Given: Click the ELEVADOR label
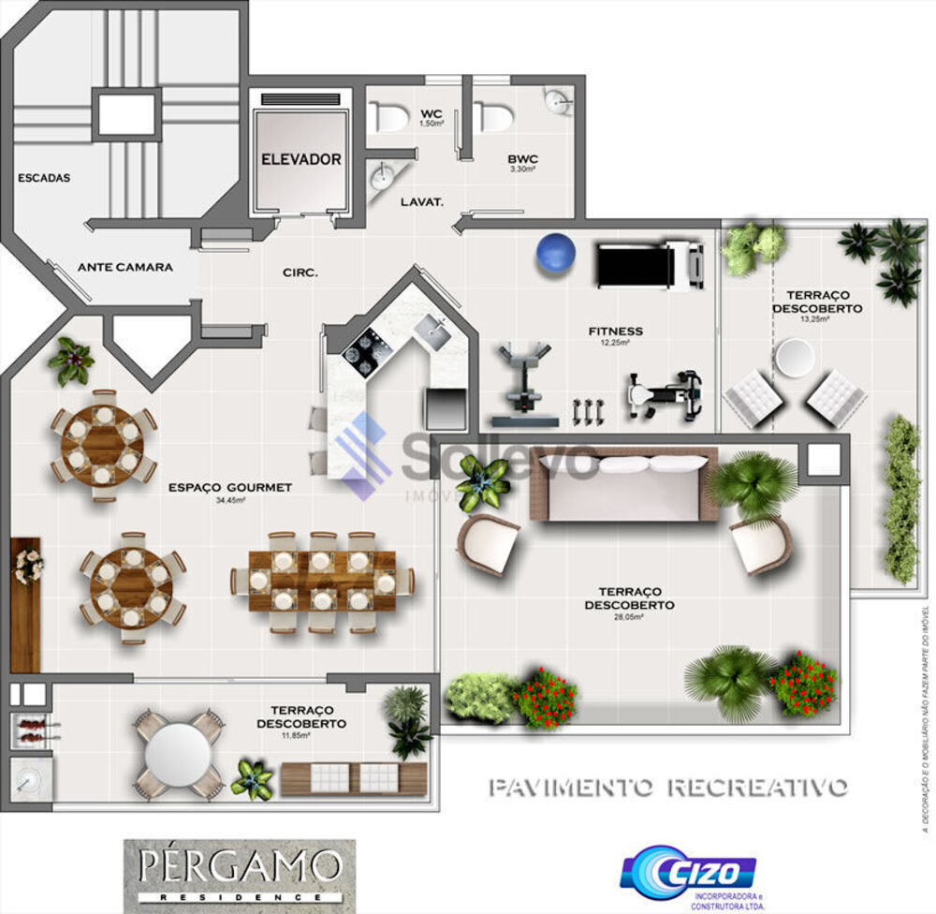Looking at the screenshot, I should coord(300,159).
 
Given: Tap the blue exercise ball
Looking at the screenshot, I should coord(555,253).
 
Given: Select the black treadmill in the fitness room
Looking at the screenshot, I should coord(650,265).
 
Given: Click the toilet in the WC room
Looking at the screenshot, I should coord(388,117).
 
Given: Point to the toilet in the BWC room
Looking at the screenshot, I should coord(493,117).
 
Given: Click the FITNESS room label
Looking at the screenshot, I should coord(615,332).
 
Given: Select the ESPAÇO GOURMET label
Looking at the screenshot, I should coord(230,488).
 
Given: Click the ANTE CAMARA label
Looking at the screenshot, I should coord(124,267).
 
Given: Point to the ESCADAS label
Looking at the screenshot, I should coord(44,178).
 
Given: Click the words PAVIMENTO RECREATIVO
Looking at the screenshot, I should coord(668,787).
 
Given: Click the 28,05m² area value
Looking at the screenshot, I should coord(627,618).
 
